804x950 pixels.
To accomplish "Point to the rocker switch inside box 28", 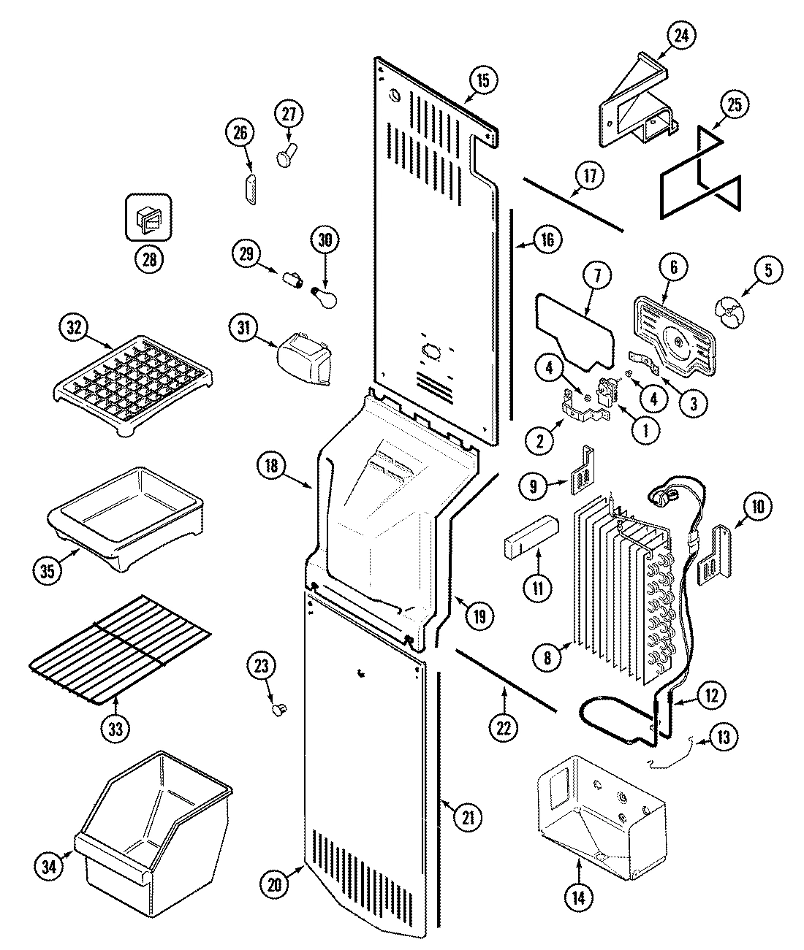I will click(148, 217).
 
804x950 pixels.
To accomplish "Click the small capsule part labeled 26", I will click(251, 191).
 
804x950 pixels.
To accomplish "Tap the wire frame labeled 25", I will click(699, 173).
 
